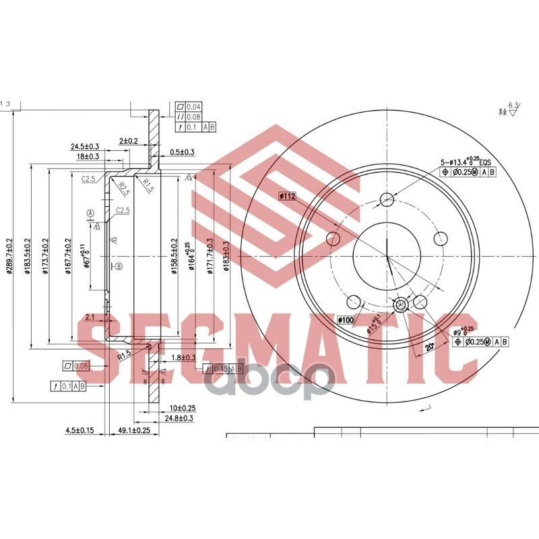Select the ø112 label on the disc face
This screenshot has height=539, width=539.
pos(288,196)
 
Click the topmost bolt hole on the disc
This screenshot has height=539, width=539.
pos(387,199)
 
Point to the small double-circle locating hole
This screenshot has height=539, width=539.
pos(400,305)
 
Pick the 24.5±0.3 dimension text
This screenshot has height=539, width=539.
pos(85,146)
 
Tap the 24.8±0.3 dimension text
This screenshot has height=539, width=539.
pos(177,418)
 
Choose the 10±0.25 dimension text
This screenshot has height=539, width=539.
pos(182,408)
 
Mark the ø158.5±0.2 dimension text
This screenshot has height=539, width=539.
pos(174,256)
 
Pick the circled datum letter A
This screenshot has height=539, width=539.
pos(90,214)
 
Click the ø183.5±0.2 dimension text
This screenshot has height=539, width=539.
pos(28,256)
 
